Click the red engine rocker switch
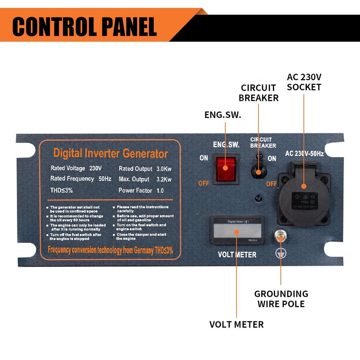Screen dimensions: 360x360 (x=225, y=168)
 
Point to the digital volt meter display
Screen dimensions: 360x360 (x=236, y=232)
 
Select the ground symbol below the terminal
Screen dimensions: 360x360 (x=280, y=254)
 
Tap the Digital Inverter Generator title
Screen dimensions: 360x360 (x=110, y=153)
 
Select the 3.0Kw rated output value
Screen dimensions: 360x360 (x=164, y=169)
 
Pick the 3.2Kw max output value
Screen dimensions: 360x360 (x=164, y=179)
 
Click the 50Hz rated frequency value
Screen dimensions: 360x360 (x=105, y=179)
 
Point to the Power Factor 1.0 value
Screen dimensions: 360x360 (x=160, y=190)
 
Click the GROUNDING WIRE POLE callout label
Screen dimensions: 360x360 (x=281, y=299)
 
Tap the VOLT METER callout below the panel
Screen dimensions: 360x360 (x=236, y=324)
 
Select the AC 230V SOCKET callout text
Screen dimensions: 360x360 (x=304, y=82)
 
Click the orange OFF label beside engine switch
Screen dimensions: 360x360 (x=203, y=183)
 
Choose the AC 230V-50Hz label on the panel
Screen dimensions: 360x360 (x=304, y=153)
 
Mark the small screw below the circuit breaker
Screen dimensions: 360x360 (x=259, y=198)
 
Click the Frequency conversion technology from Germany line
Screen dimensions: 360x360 (x=110, y=250)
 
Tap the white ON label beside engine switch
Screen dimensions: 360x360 (x=203, y=158)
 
